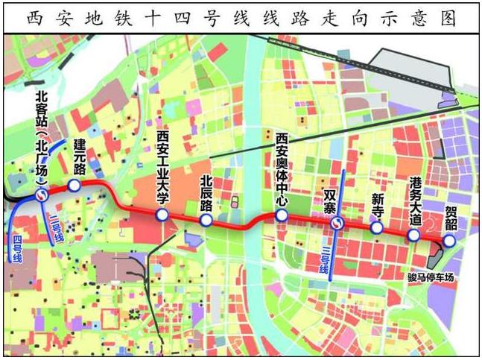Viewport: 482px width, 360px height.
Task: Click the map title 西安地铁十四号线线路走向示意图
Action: pos(241,16)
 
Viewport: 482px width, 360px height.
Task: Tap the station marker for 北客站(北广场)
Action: pos(42,195)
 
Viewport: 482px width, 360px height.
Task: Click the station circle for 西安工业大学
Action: pos(162,215)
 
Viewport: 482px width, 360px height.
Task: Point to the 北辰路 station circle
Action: pos(207,221)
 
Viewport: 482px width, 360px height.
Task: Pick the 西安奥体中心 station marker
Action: pos(281,215)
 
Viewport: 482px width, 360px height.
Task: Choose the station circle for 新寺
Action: pos(377,228)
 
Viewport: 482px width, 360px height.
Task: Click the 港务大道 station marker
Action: pos(413,236)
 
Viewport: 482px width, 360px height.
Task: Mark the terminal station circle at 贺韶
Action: pos(448,241)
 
